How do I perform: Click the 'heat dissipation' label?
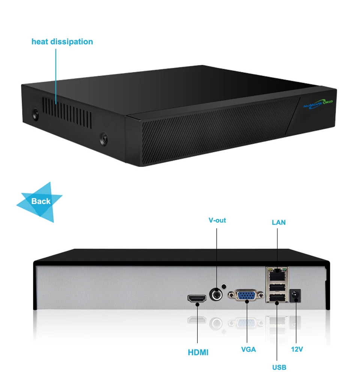tap(62, 42)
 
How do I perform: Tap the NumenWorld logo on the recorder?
tap(318, 104)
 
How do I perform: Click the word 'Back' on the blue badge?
tap(41, 201)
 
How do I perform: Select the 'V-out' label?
tap(217, 220)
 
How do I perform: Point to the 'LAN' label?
tap(279, 222)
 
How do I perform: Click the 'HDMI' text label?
tap(198, 352)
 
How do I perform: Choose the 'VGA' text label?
tap(249, 349)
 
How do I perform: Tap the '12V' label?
tap(297, 349)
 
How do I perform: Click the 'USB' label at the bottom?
tap(279, 367)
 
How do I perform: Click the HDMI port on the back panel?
tap(197, 298)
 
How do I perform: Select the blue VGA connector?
tap(246, 295)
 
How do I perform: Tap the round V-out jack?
tap(216, 295)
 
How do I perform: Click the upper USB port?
tap(277, 287)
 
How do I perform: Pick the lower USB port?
tap(277, 297)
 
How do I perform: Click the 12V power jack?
tap(295, 295)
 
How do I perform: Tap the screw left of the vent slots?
tap(36, 114)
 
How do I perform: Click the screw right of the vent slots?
tap(104, 139)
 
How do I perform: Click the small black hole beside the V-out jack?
tap(223, 286)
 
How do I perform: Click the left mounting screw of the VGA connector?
tap(231, 295)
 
